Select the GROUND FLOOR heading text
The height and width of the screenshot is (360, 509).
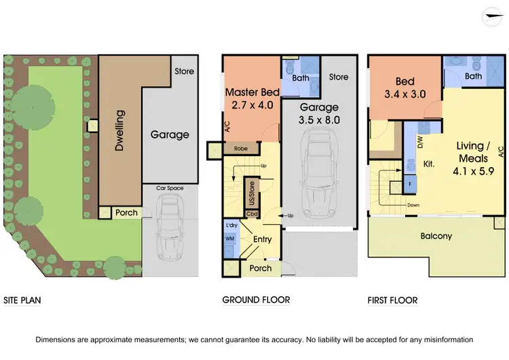pos(256,300)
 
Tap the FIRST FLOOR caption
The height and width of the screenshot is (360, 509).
pos(393,300)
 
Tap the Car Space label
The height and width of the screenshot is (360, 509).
pos(170,188)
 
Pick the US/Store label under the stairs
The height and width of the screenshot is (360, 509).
pos(251,192)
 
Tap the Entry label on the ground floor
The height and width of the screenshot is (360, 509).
pos(262,239)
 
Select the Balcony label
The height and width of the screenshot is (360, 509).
pos(434,236)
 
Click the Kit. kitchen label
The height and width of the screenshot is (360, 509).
pos(428,164)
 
